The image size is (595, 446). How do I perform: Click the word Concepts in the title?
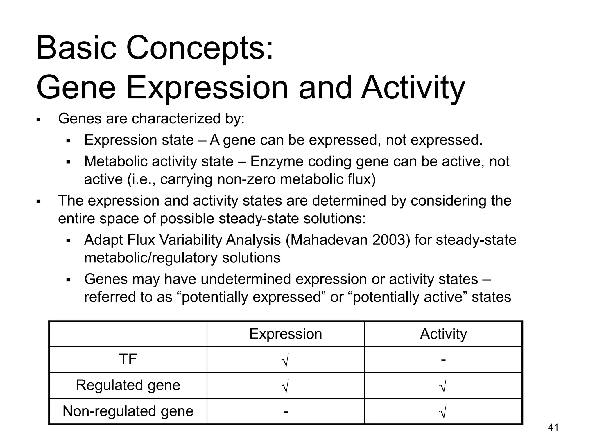(200, 48)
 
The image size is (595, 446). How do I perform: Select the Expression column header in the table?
(286, 334)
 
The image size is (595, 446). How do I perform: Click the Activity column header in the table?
(443, 334)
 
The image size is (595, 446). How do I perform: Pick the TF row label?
(128, 359)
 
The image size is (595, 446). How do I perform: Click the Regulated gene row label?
(128, 385)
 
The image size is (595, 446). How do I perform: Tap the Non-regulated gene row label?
(128, 411)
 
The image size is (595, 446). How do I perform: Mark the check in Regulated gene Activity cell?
(443, 386)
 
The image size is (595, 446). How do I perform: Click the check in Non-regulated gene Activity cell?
(443, 412)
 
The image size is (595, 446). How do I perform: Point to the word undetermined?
(246, 279)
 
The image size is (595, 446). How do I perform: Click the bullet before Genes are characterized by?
(38, 119)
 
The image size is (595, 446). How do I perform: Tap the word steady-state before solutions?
(259, 219)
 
